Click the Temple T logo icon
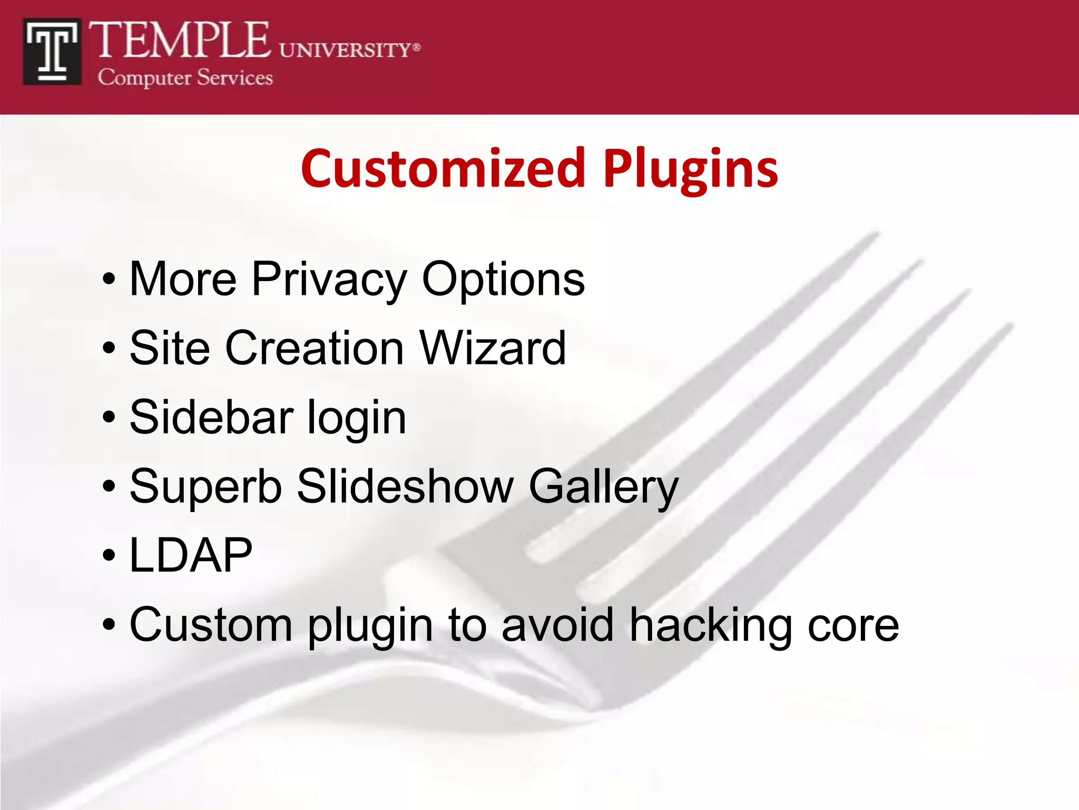pos(52,52)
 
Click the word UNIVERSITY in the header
pos(345,50)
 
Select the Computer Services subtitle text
pos(185,78)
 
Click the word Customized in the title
pos(443,169)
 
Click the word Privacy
pos(329,279)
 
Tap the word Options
pos(503,279)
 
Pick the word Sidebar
pos(211,417)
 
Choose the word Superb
pos(206,487)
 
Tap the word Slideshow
pos(405,486)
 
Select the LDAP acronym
pos(191,555)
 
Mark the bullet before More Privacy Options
pos(109,279)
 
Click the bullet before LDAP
pos(109,556)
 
